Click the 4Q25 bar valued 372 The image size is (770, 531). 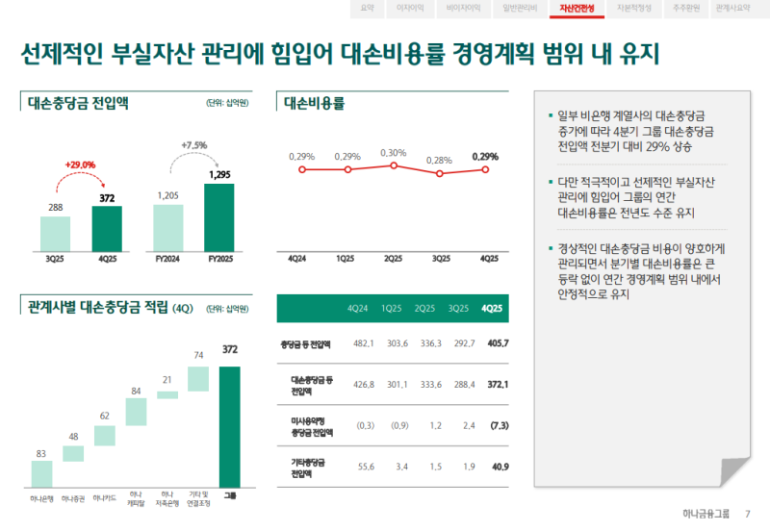[x=107, y=226]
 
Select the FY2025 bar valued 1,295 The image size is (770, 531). [x=218, y=215]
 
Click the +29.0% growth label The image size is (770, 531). [x=80, y=164]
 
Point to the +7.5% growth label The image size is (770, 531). [x=193, y=145]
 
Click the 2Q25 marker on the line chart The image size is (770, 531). [x=393, y=165]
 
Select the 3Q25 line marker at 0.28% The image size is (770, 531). [x=439, y=173]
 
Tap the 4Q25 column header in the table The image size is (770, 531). [x=491, y=309]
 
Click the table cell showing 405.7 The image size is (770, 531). [x=498, y=343]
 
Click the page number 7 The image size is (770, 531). [x=748, y=514]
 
